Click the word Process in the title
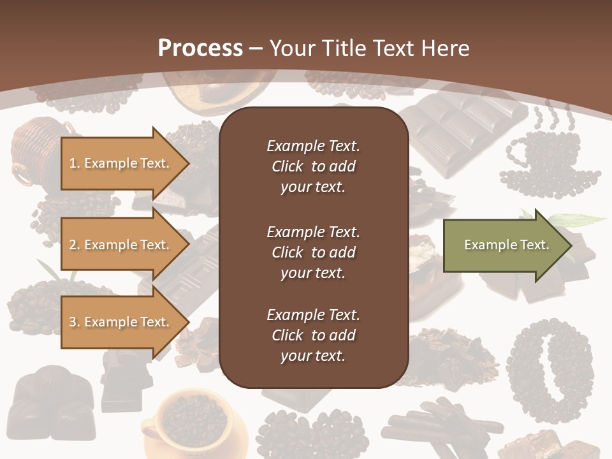[x=200, y=48]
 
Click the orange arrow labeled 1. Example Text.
[x=121, y=163]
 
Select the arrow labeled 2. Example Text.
[x=121, y=245]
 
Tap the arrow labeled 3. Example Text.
[x=121, y=322]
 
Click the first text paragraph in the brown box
[x=313, y=166]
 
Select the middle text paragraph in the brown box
[x=313, y=252]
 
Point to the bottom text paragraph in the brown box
[x=313, y=335]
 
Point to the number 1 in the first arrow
[x=73, y=163]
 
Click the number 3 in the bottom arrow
[x=73, y=322]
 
